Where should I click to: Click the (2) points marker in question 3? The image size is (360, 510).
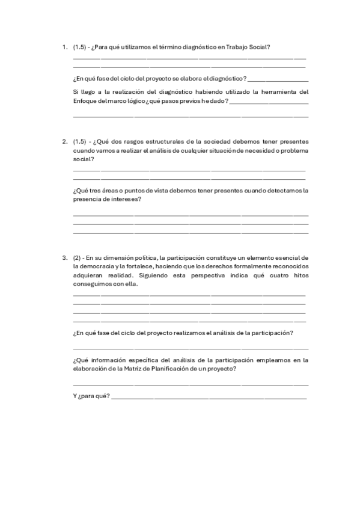pyautogui.click(x=77, y=257)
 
